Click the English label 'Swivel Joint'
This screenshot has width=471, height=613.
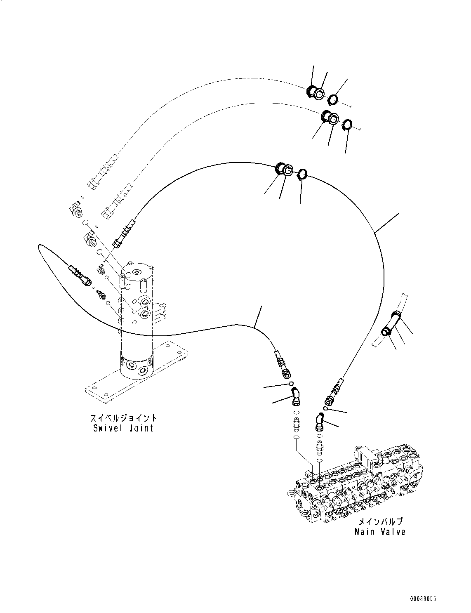point(123,428)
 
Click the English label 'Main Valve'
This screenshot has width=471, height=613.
point(380,532)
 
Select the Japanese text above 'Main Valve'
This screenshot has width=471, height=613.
point(379,521)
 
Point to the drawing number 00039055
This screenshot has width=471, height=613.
point(422,598)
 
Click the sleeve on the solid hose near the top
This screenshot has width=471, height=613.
point(284,169)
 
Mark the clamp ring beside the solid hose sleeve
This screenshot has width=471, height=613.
point(303,174)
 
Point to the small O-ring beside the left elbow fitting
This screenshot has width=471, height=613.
point(292,384)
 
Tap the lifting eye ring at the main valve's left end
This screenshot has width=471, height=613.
point(292,493)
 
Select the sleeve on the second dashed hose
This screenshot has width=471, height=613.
point(329,118)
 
